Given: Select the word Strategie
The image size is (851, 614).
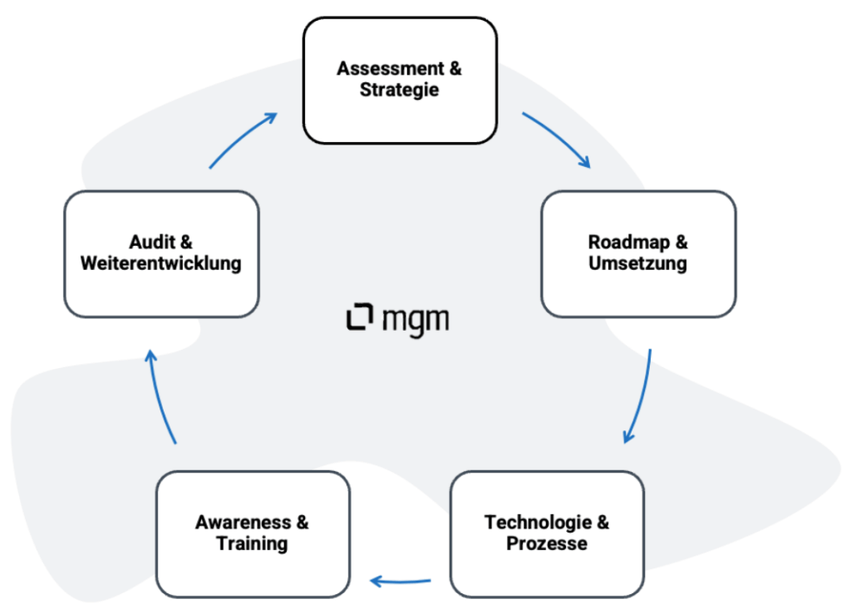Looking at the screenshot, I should coord(400,90).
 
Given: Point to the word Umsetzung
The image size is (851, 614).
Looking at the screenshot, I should coord(638,264).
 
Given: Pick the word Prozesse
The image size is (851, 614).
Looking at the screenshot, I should coord(547,544).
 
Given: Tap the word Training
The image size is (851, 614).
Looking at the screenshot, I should coord(253,544).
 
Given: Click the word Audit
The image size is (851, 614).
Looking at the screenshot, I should coord(152,243).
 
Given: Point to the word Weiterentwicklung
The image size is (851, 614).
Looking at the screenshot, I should coord(161,264).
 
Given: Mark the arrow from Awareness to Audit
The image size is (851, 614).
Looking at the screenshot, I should coord(160,395).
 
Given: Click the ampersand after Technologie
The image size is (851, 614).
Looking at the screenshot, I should coord(603,523).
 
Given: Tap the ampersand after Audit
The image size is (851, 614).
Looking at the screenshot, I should coord(186,243).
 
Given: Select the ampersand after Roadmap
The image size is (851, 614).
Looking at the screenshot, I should coord(681,243).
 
